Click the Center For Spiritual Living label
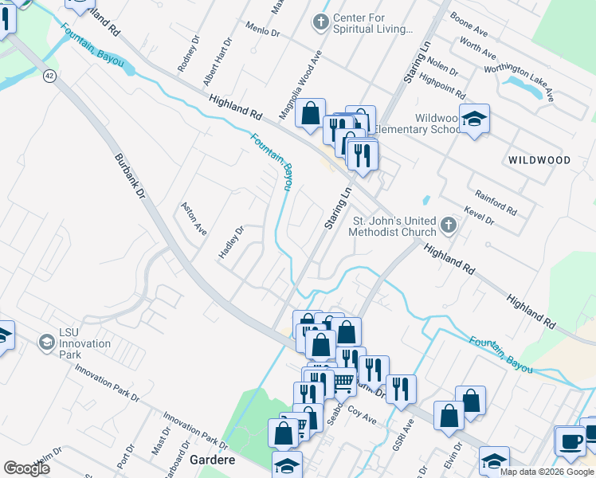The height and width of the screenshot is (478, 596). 373,24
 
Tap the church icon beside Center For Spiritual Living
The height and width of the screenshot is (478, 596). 321,22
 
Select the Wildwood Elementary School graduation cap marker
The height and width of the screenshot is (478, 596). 474,119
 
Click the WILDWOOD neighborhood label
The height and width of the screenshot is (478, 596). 539,160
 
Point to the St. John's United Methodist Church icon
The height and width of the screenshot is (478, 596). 449,225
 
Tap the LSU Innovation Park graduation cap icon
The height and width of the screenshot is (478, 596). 46,343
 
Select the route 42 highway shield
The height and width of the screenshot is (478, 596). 49,75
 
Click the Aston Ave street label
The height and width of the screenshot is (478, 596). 194,218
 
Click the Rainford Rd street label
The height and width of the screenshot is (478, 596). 496,202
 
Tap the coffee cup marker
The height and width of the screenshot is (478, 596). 571,441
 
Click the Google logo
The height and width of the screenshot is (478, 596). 26,468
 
